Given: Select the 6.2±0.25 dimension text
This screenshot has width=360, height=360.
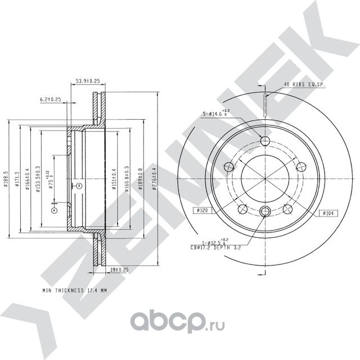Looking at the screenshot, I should [x=49, y=99].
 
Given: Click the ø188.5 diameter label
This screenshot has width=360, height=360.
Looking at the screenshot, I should [x=6, y=181].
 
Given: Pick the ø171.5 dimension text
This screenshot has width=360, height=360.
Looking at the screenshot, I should [x=19, y=181].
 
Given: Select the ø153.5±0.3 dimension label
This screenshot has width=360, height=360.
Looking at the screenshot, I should [x=37, y=179].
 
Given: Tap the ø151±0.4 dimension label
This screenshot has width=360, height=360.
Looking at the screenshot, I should [x=114, y=179].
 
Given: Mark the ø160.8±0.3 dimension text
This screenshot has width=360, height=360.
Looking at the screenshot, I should [x=127, y=179].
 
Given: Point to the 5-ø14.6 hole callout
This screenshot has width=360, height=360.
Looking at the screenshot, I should [x=217, y=114].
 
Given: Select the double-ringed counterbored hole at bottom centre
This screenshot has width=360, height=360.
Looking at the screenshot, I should [x=265, y=211].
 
